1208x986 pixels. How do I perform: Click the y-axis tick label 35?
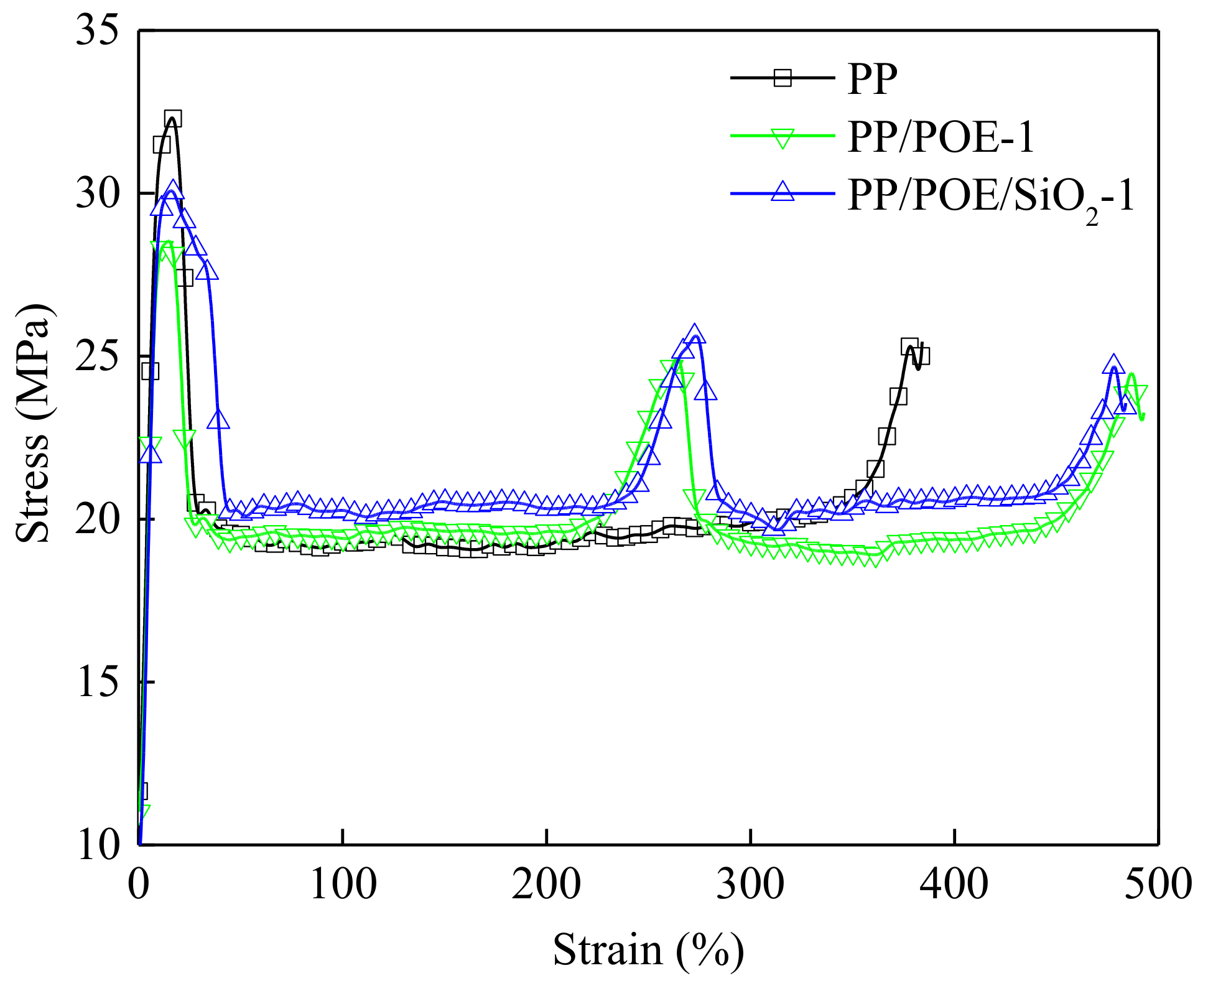(x=97, y=31)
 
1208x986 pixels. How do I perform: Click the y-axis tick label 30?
(x=97, y=193)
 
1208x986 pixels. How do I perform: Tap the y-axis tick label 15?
(x=97, y=682)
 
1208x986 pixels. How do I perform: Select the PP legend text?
(x=873, y=79)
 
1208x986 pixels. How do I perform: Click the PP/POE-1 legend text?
(x=941, y=137)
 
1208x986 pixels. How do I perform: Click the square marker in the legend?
(x=783, y=78)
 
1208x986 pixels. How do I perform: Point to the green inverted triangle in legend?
(x=783, y=137)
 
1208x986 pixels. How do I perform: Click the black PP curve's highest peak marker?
(x=173, y=119)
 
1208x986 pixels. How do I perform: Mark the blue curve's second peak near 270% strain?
(x=695, y=334)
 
